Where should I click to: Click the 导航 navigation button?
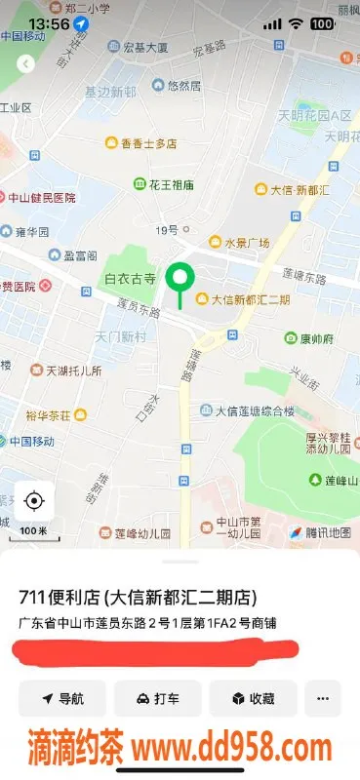click(61, 698)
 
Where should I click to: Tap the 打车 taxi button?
click(157, 698)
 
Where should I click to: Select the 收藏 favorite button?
click(253, 698)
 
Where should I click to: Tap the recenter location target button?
click(34, 501)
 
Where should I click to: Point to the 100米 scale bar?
click(33, 532)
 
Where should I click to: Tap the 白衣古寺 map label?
click(131, 279)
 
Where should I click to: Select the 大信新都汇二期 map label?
click(243, 299)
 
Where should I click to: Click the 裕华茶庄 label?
click(57, 414)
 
